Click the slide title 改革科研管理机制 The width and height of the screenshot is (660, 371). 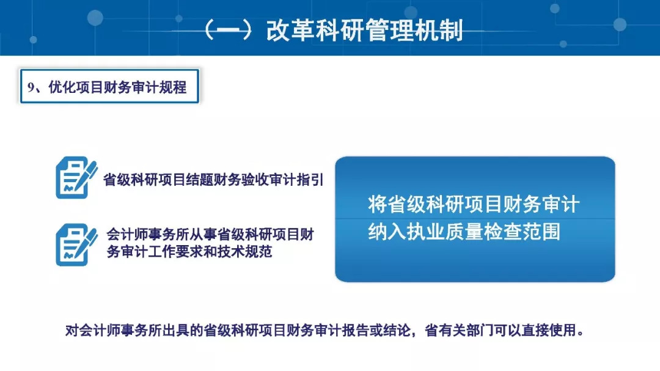pos(364,31)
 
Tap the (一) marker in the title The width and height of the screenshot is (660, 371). pos(228,31)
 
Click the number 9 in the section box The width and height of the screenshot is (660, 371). pos(31,87)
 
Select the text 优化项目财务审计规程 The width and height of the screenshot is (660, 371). pos(117,87)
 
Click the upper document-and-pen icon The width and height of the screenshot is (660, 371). pos(76,177)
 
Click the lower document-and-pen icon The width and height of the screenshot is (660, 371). pos(76,244)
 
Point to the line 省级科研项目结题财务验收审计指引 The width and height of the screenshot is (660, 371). pos(213,180)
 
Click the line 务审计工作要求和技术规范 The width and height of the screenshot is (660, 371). pos(189,251)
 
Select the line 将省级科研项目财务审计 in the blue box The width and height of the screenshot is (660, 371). pos(474,204)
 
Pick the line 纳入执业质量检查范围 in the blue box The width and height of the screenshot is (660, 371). pos(464,232)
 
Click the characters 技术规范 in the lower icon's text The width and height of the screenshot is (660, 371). pos(244,251)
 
